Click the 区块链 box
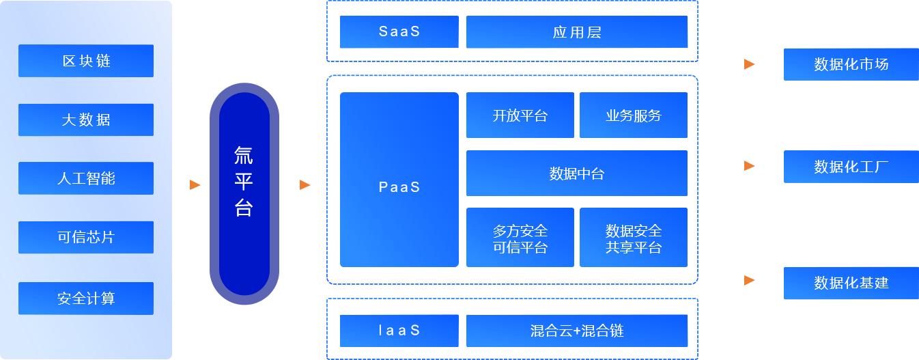(86, 61)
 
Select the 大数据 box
(86, 120)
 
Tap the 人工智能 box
(86, 178)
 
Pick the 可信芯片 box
(86, 237)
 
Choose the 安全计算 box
(86, 299)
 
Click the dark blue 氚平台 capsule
(244, 194)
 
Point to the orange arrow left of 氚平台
(195, 184)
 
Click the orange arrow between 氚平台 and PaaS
(305, 184)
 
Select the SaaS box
(399, 32)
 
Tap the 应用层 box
(576, 32)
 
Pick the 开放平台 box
(520, 115)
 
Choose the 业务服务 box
(633, 115)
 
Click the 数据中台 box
(576, 174)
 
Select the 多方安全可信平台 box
(520, 238)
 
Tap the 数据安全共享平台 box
(633, 238)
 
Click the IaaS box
(399, 331)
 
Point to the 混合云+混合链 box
(576, 331)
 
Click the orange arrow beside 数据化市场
(749, 64)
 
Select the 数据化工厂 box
(851, 167)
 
